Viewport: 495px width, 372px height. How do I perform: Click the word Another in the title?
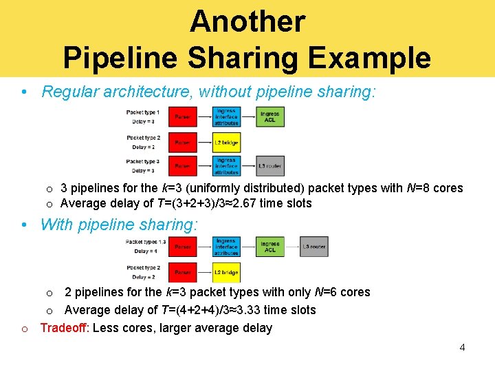pyautogui.click(x=247, y=21)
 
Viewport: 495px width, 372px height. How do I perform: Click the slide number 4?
pyautogui.click(x=462, y=347)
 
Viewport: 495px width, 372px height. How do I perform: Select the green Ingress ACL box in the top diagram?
pyautogui.click(x=270, y=116)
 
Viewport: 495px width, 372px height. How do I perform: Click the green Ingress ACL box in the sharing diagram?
pyautogui.click(x=270, y=246)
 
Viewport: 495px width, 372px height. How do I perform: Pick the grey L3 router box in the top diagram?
pyautogui.click(x=270, y=166)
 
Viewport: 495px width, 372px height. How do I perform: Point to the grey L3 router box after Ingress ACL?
pyautogui.click(x=313, y=246)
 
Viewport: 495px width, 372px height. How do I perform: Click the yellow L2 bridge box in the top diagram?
pyautogui.click(x=226, y=142)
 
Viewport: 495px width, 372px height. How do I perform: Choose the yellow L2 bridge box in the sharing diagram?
pyautogui.click(x=226, y=273)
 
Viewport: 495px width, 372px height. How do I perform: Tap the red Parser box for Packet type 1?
pyautogui.click(x=183, y=116)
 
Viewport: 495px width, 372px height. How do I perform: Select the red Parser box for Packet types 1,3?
pyautogui.click(x=183, y=246)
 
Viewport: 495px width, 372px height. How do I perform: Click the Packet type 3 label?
pyautogui.click(x=143, y=161)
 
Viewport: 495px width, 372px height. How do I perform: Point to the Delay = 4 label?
pyautogui.click(x=144, y=251)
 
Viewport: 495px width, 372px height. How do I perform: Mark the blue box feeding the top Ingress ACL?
pyautogui.click(x=226, y=116)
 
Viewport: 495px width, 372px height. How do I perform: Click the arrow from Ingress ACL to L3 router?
pyautogui.click(x=291, y=246)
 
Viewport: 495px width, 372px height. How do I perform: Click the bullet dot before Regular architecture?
pyautogui.click(x=24, y=92)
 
